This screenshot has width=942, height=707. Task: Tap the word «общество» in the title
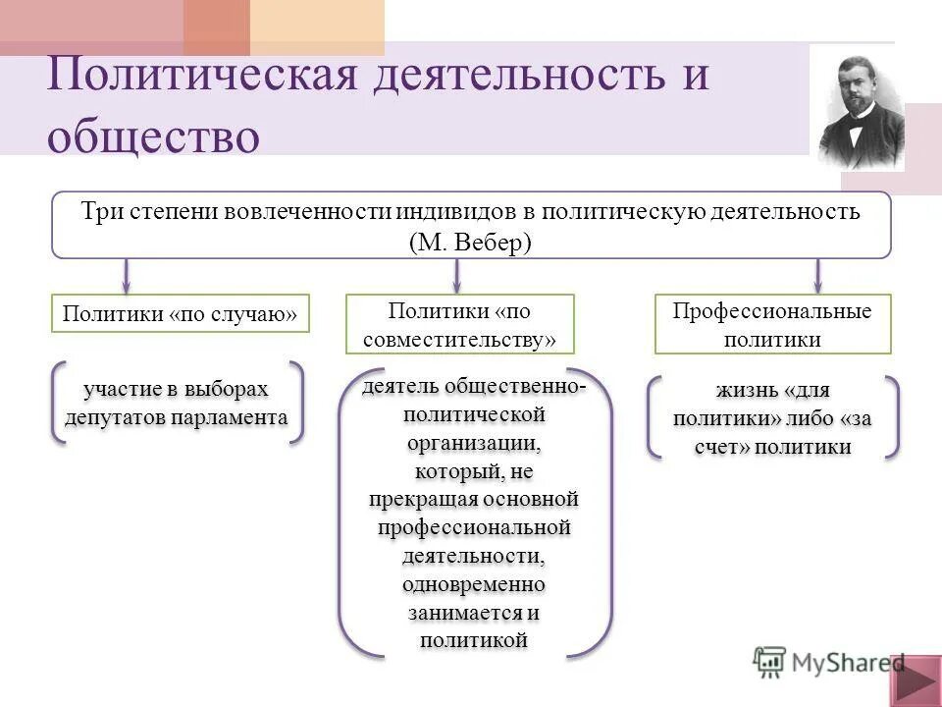pos(153,135)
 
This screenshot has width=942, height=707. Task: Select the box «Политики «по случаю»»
pos(180,313)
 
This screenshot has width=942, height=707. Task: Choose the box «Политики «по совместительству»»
pos(459,325)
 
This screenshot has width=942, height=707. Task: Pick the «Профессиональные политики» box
pos(772,325)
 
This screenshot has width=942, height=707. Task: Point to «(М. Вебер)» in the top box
pos(471,243)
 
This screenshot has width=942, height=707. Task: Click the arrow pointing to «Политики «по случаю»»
pos(127,274)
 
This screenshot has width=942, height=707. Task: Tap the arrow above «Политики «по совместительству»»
pos(456,274)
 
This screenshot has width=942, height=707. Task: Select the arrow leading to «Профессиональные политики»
pos(817,274)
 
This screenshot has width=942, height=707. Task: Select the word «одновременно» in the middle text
pos(474,584)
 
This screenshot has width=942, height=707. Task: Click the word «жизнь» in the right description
pos(748,391)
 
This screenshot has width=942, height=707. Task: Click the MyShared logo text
pos(846,662)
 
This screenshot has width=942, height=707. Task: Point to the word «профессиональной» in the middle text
pos(475,527)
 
